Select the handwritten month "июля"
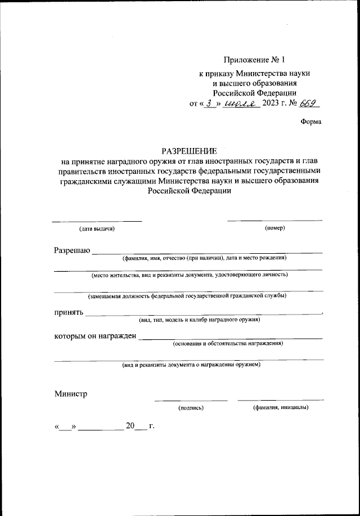240,103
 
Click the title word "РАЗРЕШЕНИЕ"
189,150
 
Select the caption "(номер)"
275,228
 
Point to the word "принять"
69,312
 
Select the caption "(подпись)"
191,407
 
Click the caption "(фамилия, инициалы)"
280,407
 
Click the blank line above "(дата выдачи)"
97,220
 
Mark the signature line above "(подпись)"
191,400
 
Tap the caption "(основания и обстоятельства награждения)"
228,343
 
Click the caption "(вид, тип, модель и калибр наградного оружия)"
199,320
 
